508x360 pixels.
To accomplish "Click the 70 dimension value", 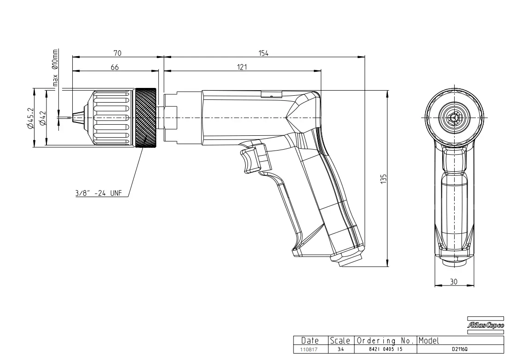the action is [x=117, y=53].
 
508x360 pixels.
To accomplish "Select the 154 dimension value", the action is [x=263, y=53].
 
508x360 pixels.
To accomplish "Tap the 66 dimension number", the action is [x=115, y=67].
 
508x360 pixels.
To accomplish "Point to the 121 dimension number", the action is [x=242, y=67].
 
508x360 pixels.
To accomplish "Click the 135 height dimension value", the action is [x=384, y=179].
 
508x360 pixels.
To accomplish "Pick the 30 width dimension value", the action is [x=454, y=282].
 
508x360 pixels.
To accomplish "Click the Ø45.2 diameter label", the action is [x=31, y=118].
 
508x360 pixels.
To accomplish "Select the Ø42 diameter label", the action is [x=43, y=118].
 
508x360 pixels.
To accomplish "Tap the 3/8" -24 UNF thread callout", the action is [x=98, y=193].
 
